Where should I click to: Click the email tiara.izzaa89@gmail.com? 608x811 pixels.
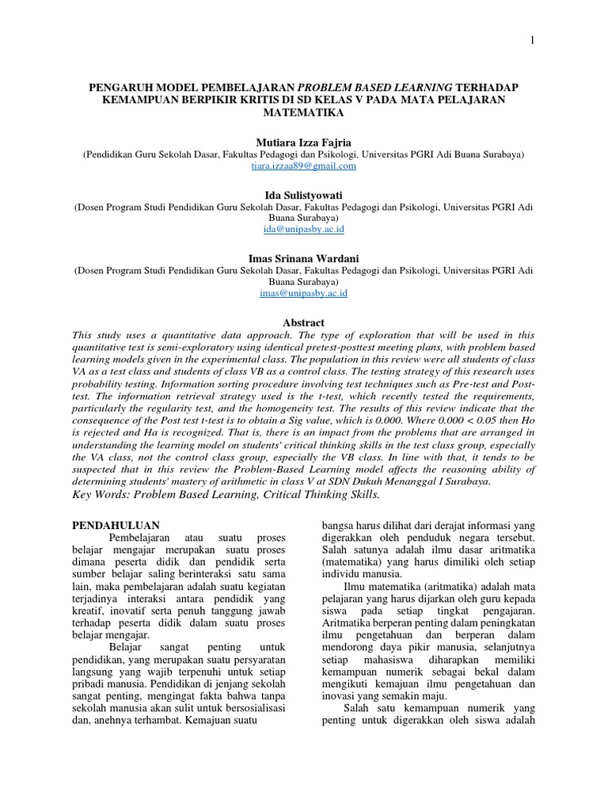point(303,166)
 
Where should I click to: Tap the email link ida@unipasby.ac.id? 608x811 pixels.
point(303,229)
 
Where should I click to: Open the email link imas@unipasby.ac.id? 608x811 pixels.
point(303,292)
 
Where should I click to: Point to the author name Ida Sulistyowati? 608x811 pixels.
point(303,195)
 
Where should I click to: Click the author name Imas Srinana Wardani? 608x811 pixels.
point(303,258)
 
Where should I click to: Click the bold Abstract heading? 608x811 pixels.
point(303,322)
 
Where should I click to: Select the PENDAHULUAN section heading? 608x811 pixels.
point(116,525)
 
